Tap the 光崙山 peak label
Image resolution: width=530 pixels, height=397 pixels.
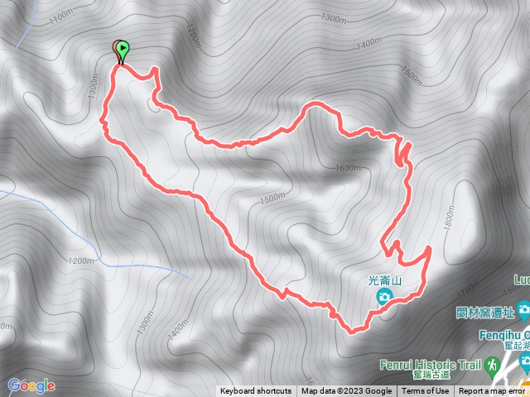[384, 280]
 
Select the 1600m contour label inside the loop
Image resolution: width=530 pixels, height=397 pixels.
[349, 168]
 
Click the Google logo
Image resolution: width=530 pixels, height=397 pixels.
[31, 385]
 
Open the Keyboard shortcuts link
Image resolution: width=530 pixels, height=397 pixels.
[256, 391]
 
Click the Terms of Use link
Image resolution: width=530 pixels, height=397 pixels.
[426, 391]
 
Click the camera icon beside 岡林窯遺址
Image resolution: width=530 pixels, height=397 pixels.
[523, 311]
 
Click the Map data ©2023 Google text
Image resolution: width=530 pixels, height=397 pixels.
[346, 391]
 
